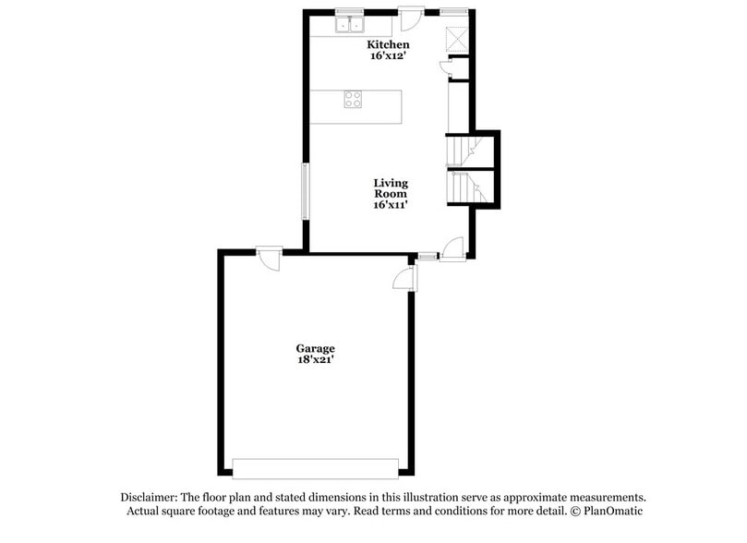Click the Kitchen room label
(x=388, y=44)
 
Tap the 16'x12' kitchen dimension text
(x=388, y=55)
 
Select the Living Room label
(x=391, y=188)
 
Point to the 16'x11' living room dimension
(x=391, y=204)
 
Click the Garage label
(x=315, y=348)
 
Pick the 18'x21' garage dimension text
(x=315, y=359)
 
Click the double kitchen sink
(x=350, y=25)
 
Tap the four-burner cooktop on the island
(x=353, y=100)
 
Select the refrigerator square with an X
(x=457, y=39)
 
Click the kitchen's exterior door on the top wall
(x=411, y=19)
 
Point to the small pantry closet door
(x=445, y=66)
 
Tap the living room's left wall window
(x=306, y=191)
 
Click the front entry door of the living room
(x=452, y=249)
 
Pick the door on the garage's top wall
(x=270, y=259)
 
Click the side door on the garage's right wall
(x=405, y=278)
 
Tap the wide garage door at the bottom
(x=315, y=469)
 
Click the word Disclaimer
(x=149, y=497)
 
